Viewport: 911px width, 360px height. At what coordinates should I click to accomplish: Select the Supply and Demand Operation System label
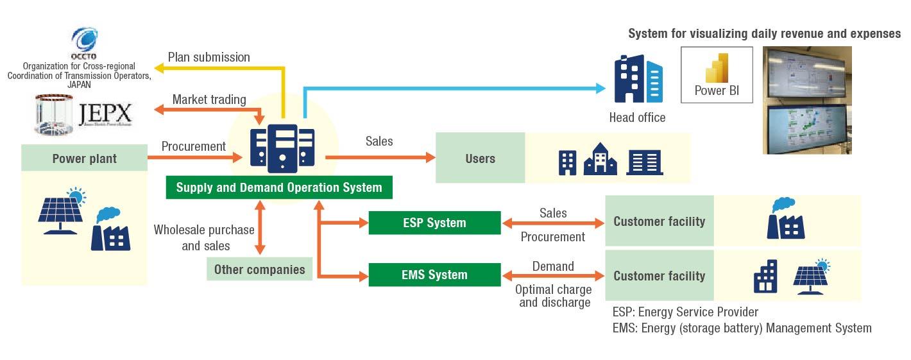[x=279, y=187]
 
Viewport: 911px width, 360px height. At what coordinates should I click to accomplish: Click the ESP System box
[x=434, y=223]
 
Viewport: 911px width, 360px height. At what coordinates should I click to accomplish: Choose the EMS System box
[x=434, y=275]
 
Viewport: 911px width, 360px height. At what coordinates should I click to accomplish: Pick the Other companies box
[x=259, y=269]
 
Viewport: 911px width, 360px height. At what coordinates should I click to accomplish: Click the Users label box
[x=480, y=158]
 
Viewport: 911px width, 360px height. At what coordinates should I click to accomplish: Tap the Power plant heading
[x=84, y=159]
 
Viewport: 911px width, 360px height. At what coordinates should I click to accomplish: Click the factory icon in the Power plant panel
[x=110, y=228]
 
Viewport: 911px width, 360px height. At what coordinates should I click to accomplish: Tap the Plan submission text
[x=209, y=57]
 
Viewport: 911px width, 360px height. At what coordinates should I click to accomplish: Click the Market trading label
[x=209, y=99]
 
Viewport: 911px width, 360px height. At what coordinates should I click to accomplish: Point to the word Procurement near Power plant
[x=193, y=146]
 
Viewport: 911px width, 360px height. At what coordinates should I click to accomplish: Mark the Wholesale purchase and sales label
[x=204, y=237]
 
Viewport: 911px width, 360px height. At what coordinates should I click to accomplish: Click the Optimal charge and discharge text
[x=554, y=296]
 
